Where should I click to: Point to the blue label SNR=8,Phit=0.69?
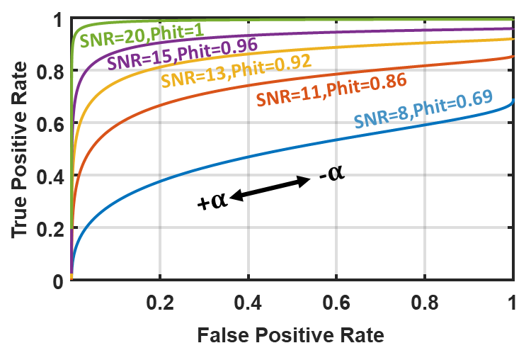pyautogui.click(x=423, y=113)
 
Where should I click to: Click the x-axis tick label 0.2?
pyautogui.click(x=160, y=303)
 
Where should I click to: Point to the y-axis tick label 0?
pyautogui.click(x=58, y=281)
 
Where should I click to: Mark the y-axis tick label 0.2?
pyautogui.click(x=50, y=229)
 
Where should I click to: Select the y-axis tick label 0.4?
pyautogui.click(x=50, y=176)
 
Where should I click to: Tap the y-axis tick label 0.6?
pyautogui.click(x=50, y=125)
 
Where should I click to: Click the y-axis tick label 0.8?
pyautogui.click(x=50, y=72)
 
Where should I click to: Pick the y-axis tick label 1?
pyautogui.click(x=58, y=21)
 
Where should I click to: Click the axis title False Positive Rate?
pyautogui.click(x=290, y=334)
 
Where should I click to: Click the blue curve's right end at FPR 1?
pyautogui.click(x=513, y=101)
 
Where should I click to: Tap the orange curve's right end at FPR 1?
pyautogui.click(x=513, y=57)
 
